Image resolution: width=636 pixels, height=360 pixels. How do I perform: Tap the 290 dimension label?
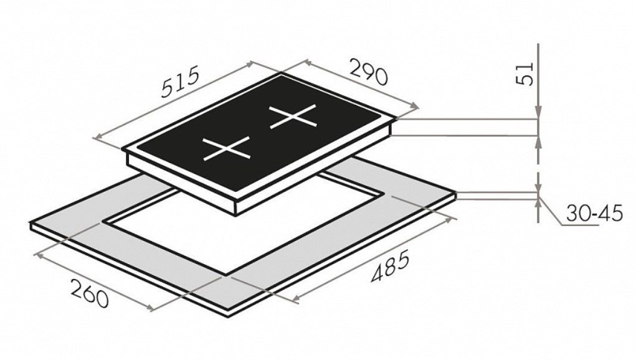368,72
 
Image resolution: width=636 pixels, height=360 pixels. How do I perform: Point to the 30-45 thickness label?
594,214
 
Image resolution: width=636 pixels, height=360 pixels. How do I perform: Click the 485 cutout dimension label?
390,267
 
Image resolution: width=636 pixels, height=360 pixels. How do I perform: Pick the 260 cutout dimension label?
90,293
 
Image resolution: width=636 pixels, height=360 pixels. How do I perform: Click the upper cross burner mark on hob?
293,116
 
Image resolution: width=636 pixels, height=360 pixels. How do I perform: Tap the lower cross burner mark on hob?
226,149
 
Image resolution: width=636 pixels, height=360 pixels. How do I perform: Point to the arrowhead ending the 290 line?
414,107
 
